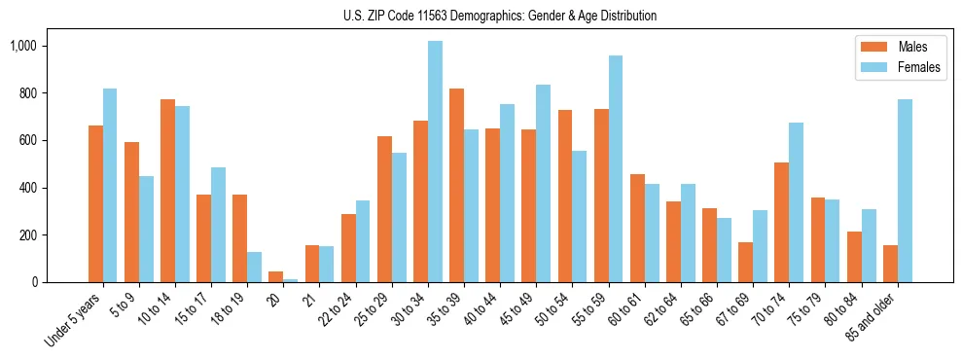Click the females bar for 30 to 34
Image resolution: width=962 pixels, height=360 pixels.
pyautogui.click(x=435, y=162)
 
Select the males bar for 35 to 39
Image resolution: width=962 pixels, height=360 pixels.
pyautogui.click(x=456, y=185)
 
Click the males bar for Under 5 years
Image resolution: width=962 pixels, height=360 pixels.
pyautogui.click(x=95, y=203)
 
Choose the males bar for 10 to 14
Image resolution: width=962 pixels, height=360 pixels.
pyautogui.click(x=167, y=191)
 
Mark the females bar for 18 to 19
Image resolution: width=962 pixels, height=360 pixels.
pyautogui.click(x=254, y=267)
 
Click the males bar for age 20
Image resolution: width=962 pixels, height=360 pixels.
pyautogui.click(x=275, y=276)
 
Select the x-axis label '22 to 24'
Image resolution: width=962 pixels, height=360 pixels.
pyautogui.click(x=338, y=308)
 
